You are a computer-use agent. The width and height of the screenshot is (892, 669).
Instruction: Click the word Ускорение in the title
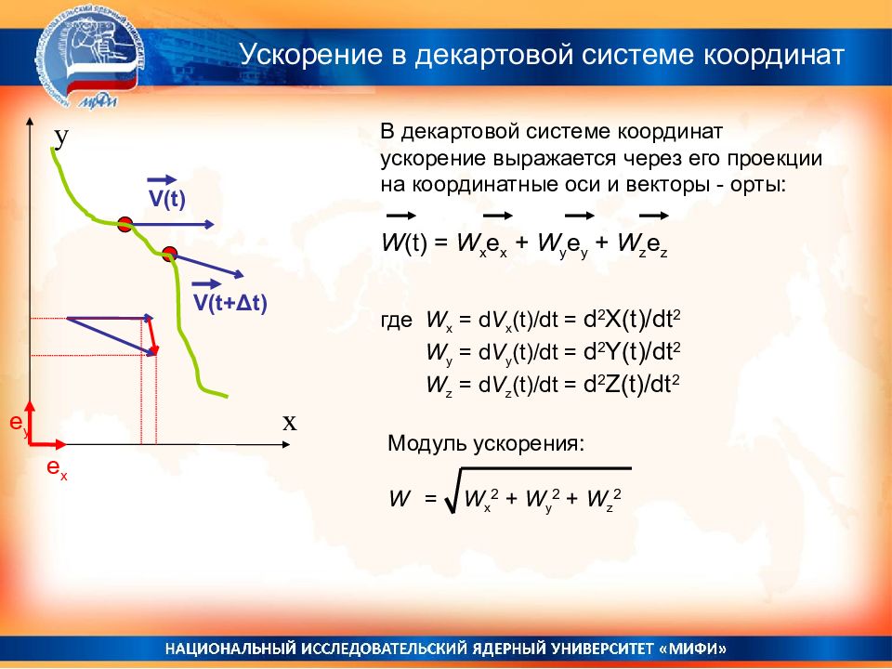tap(311, 56)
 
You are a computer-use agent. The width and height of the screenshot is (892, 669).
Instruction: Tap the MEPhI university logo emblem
tap(91, 61)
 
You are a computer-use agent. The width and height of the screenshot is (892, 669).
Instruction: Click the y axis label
tap(61, 138)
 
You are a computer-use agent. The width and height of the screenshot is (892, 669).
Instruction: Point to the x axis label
tap(290, 423)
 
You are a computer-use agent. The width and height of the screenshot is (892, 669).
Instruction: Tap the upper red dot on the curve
tap(125, 224)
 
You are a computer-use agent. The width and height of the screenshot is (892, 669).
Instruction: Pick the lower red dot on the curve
tap(169, 254)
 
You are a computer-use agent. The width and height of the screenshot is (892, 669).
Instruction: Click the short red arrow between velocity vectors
tap(151, 336)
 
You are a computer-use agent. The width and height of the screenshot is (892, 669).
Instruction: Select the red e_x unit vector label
tap(57, 468)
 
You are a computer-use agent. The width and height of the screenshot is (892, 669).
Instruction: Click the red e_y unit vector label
tap(19, 424)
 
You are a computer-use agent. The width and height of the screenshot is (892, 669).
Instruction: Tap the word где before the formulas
tap(397, 321)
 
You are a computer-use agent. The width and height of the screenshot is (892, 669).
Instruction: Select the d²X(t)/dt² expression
tap(632, 320)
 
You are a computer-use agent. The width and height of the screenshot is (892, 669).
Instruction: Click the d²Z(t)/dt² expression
tap(632, 385)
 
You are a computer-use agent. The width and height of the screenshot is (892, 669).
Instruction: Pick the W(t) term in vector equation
tap(404, 243)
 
